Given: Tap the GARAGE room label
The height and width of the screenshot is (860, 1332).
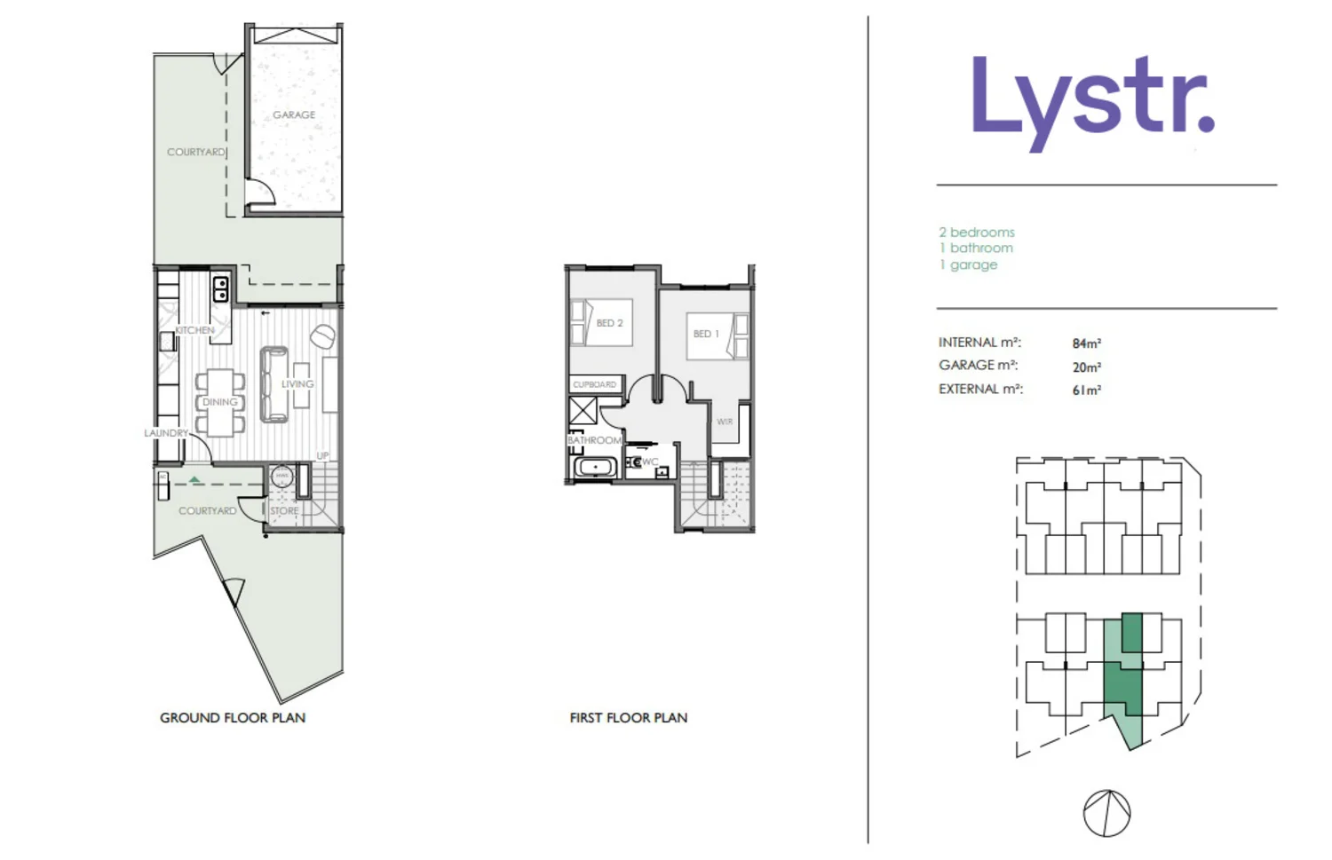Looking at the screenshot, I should coord(294,115).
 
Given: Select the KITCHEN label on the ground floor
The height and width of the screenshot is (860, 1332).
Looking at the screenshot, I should coord(194,330).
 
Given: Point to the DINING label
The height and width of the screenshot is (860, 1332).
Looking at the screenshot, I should coord(219,402).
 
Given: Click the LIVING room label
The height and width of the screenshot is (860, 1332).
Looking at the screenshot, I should coord(297,384).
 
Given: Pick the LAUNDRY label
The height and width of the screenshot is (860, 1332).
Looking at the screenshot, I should coord(166,433).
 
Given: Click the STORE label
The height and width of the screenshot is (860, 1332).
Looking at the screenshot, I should coord(284,511).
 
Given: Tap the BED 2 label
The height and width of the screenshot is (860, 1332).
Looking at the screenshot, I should coord(609,323).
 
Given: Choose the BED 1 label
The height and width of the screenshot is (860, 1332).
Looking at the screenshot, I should coord(706,334).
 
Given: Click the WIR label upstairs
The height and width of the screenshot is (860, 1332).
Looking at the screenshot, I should coord(725,422).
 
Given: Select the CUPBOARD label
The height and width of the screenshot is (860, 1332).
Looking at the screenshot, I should coord(594,384).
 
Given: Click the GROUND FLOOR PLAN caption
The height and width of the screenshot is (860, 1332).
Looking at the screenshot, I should coord(233,718).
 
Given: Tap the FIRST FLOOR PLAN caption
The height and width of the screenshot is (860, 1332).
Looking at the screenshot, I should coord(629,718).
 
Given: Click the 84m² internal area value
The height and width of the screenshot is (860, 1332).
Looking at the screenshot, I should coord(1086,343).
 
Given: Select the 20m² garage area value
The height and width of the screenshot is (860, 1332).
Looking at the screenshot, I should coord(1086,367).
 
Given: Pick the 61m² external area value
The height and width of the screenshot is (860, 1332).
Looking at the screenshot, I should coord(1086,390).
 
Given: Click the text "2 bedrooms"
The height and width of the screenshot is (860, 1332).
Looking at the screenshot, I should coord(977,233).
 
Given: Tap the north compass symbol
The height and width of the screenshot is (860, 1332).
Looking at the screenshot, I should coord(1106,813).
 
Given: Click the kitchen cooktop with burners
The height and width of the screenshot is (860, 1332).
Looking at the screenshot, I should coord(220,289).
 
